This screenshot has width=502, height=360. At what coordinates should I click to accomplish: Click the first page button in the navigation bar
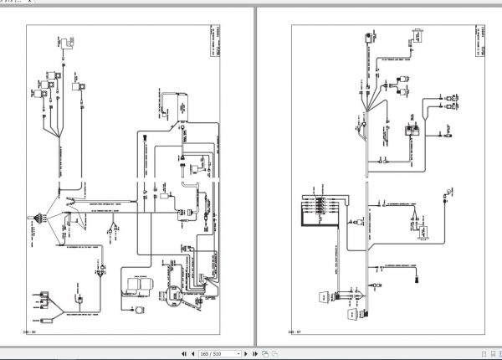183,354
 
